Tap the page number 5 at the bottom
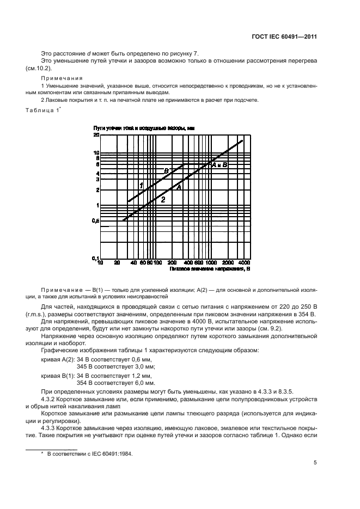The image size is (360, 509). pyautogui.click(x=315, y=463)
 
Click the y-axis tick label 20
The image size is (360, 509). pyautogui.click(x=96, y=134)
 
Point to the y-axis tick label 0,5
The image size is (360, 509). pyautogui.click(x=96, y=220)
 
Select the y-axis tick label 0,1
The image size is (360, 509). pyautogui.click(x=96, y=257)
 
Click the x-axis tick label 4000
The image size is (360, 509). pyautogui.click(x=244, y=263)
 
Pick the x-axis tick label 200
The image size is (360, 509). pyautogui.click(x=172, y=263)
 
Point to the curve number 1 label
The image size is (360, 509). pyautogui.click(x=141, y=186)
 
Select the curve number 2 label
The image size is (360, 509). pyautogui.click(x=162, y=200)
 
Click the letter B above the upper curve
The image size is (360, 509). pyautogui.click(x=167, y=171)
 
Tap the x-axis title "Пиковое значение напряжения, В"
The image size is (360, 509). pyautogui.click(x=209, y=268)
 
